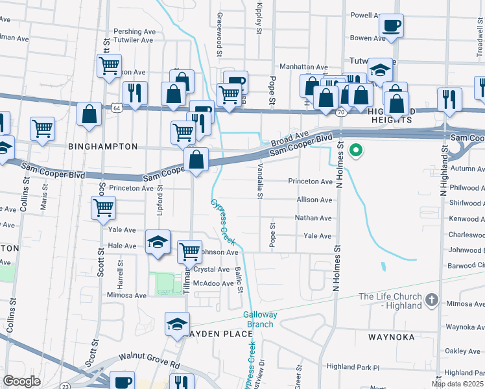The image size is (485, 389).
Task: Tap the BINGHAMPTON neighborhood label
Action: point(102,147)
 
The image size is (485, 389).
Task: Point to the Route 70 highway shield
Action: point(340,112)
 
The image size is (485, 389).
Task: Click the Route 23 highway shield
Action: point(65,386)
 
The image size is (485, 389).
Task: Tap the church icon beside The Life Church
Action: point(432,301)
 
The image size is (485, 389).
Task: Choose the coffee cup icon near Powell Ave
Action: point(391,26)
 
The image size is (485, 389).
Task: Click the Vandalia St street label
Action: point(259,180)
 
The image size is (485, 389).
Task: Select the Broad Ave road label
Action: point(289,138)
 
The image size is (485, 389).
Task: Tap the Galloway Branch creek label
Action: point(260,319)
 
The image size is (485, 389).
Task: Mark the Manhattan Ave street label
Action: point(303,67)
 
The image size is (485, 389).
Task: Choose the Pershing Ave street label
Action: point(135,30)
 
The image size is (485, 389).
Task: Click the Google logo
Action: point(22,382)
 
